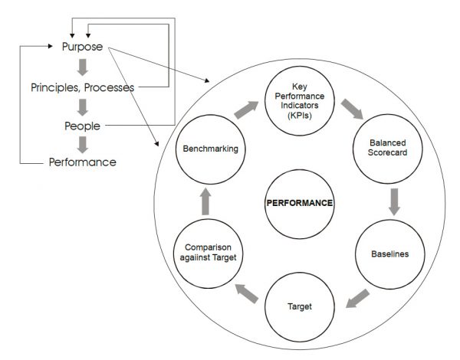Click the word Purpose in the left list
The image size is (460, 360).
tap(83, 47)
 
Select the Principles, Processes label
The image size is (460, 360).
tap(82, 87)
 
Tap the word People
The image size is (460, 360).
tap(83, 124)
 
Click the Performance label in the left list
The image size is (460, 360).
tap(83, 162)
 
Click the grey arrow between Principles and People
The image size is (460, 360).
tap(83, 106)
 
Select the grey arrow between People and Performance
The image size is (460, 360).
tap(83, 143)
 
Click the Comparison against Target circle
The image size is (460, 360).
tap(209, 253)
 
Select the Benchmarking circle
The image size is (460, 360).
tap(209, 149)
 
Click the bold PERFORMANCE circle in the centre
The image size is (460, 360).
tap(299, 204)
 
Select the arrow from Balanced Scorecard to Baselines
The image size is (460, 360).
tap(393, 201)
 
